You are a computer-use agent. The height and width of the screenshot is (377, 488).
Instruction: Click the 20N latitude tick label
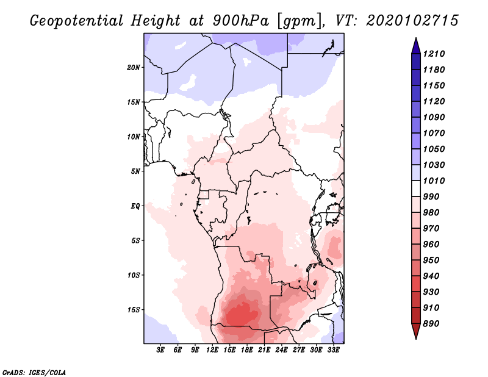pyautogui.click(x=134, y=67)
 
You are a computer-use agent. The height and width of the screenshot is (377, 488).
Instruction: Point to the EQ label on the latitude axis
pyautogui.click(x=135, y=206)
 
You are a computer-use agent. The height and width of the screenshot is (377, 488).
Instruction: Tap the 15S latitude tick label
pyautogui.click(x=134, y=309)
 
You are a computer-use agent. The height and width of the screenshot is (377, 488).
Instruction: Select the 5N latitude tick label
pyautogui.click(x=135, y=171)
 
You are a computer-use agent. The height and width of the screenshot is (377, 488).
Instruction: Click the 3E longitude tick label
pyautogui.click(x=161, y=350)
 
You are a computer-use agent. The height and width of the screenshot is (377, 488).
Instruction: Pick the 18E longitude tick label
pyautogui.click(x=247, y=350)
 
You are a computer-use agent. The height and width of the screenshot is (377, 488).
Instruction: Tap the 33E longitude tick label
pyautogui.click(x=333, y=350)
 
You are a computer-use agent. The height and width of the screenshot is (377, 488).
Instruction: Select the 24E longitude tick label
pyautogui.click(x=281, y=350)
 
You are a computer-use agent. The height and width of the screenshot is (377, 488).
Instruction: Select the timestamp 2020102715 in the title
pyautogui.click(x=412, y=20)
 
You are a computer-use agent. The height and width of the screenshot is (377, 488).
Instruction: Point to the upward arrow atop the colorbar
pyautogui.click(x=415, y=45)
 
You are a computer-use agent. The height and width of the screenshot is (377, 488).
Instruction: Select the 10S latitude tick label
pyautogui.click(x=134, y=275)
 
